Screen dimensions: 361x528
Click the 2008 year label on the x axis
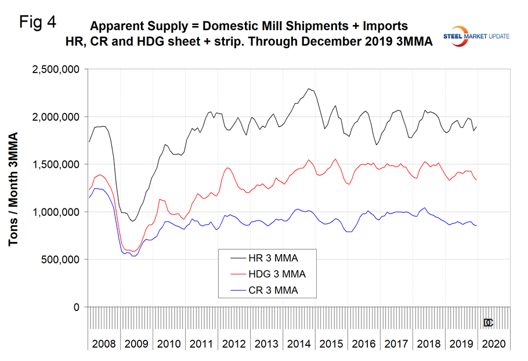point(104,344)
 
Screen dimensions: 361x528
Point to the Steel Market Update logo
point(476,35)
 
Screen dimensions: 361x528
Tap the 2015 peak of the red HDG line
point(335,159)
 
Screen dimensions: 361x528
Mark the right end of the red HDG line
point(477,180)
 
